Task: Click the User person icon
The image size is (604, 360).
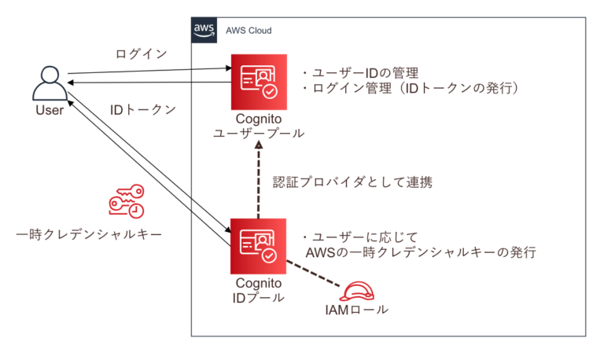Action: pyautogui.click(x=49, y=82)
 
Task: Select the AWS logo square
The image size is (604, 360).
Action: pyautogui.click(x=204, y=29)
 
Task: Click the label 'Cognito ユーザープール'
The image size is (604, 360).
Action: pyautogui.click(x=259, y=127)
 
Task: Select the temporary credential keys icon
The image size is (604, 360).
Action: pyautogui.click(x=126, y=203)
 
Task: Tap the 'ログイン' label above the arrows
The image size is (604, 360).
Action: pyautogui.click(x=142, y=54)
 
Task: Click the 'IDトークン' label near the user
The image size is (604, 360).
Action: pyautogui.click(x=142, y=109)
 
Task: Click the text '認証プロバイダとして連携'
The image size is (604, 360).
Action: pyautogui.click(x=352, y=182)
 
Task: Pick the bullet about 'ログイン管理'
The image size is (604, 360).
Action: pyautogui.click(x=409, y=90)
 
